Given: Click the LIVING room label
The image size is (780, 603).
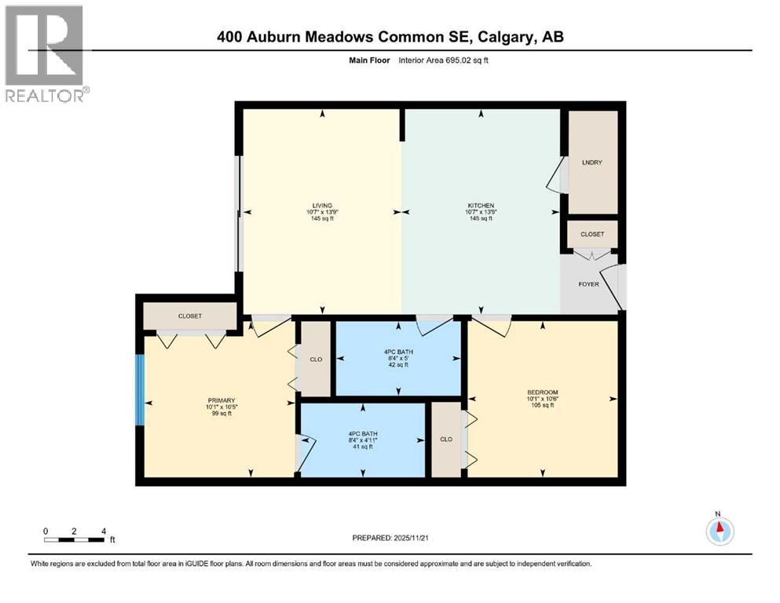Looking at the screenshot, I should click(x=321, y=205).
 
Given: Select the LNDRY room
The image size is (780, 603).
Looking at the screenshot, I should click(x=591, y=163).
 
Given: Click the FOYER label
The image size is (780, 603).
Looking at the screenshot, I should click(x=588, y=284).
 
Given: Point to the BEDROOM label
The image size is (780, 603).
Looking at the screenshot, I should click(x=541, y=392).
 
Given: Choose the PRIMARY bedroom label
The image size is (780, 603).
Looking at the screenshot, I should click(x=221, y=400).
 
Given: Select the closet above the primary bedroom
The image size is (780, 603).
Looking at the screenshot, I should click(x=190, y=316).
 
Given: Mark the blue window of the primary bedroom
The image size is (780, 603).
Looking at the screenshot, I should click(x=140, y=390).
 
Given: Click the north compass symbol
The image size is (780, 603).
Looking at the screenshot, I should click(x=719, y=531).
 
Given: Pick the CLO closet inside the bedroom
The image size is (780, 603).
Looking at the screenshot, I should click(x=445, y=440).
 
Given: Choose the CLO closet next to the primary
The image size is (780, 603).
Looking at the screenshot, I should click(x=317, y=359).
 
